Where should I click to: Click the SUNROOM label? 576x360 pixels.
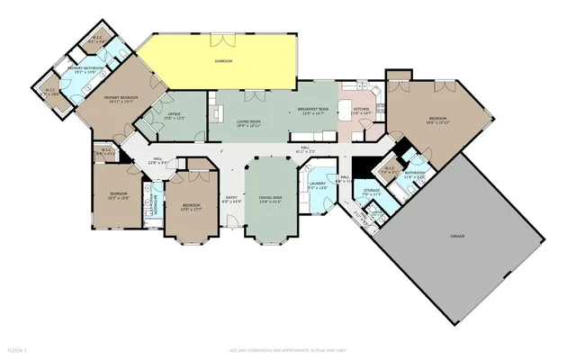(223, 61)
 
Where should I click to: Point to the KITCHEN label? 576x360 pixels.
(362, 112)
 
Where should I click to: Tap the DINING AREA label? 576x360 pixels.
(270, 199)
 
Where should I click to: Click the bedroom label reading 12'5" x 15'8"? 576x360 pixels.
(119, 196)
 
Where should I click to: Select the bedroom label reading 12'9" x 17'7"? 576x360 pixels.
(191, 207)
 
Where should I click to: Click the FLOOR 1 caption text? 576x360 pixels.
(18, 347)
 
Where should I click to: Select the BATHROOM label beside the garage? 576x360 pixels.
(415, 175)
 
